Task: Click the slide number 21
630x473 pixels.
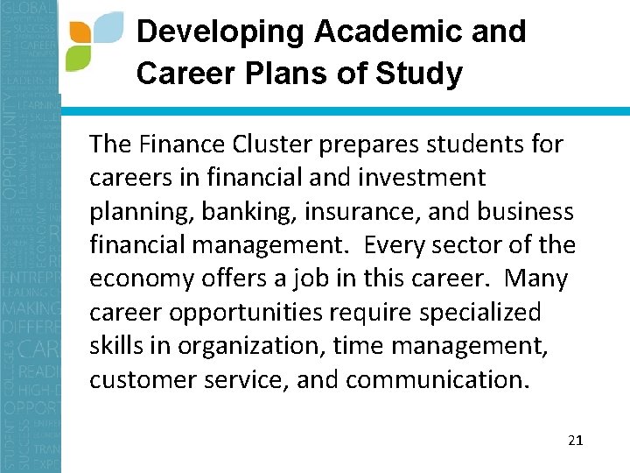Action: [575, 440]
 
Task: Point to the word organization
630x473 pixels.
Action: [248, 347]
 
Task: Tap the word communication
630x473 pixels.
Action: [438, 380]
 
